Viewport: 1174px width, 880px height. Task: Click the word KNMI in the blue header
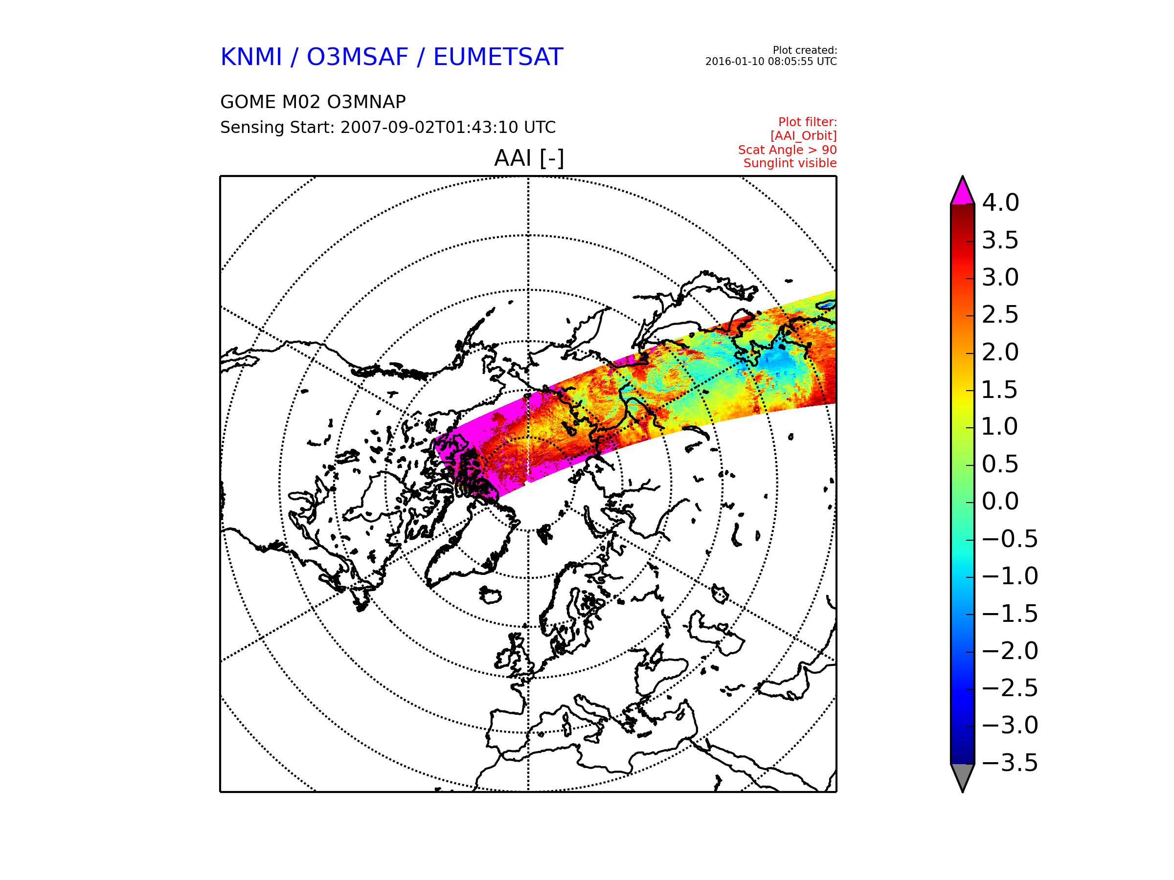(251, 57)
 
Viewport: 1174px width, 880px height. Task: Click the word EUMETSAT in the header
(498, 57)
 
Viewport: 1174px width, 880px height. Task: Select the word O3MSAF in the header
(357, 57)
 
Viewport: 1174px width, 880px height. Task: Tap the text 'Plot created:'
(805, 50)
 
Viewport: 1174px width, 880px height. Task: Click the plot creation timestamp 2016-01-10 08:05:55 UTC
(771, 62)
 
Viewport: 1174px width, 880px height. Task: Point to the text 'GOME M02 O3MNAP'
(313, 102)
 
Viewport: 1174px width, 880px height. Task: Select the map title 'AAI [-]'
(529, 158)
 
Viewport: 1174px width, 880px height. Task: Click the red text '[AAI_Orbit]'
(804, 136)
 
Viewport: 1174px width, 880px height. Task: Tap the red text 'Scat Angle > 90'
(788, 150)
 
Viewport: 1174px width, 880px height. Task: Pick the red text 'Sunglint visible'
(790, 163)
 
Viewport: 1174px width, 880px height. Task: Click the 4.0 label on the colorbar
(1000, 202)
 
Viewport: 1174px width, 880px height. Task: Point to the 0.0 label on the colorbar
(1000, 501)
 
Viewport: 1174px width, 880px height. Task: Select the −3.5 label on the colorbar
(1010, 763)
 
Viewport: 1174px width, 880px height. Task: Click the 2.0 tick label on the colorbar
(1000, 352)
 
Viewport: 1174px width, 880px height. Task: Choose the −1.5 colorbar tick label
(1010, 614)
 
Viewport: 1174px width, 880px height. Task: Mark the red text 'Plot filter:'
(807, 123)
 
